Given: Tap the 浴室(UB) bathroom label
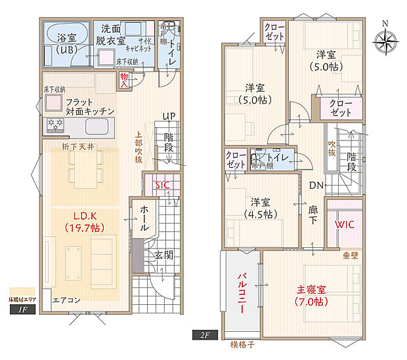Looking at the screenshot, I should (x=65, y=43).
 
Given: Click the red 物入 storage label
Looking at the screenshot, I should (x=125, y=79).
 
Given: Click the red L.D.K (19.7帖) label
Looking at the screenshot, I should (x=85, y=222).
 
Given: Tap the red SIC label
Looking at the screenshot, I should (x=162, y=186).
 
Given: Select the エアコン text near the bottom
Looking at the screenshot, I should (x=66, y=300).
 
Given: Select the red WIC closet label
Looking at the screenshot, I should (x=345, y=224).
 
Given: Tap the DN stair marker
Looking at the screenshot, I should (x=316, y=186).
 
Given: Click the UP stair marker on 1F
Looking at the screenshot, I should (x=169, y=117).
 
